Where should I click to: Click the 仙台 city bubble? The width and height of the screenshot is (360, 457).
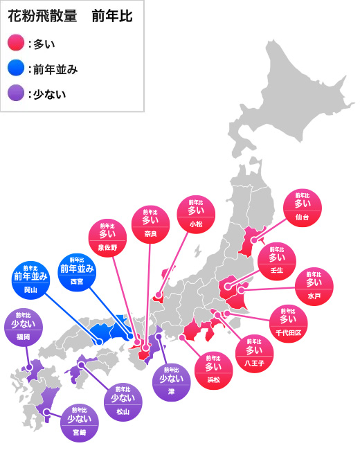tap(303, 208)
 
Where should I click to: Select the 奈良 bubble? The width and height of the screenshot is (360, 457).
tap(151, 225)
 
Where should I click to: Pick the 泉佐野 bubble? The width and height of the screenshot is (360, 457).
tap(108, 238)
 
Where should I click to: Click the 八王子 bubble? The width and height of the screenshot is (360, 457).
tap(254, 351)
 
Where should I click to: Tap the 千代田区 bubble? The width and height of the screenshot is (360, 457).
tap(287, 323)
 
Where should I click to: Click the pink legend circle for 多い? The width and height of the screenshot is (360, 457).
tap(17, 44)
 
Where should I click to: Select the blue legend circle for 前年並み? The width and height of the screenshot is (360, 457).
tap(17, 68)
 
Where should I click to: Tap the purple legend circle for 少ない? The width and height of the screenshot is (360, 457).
tap(17, 93)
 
